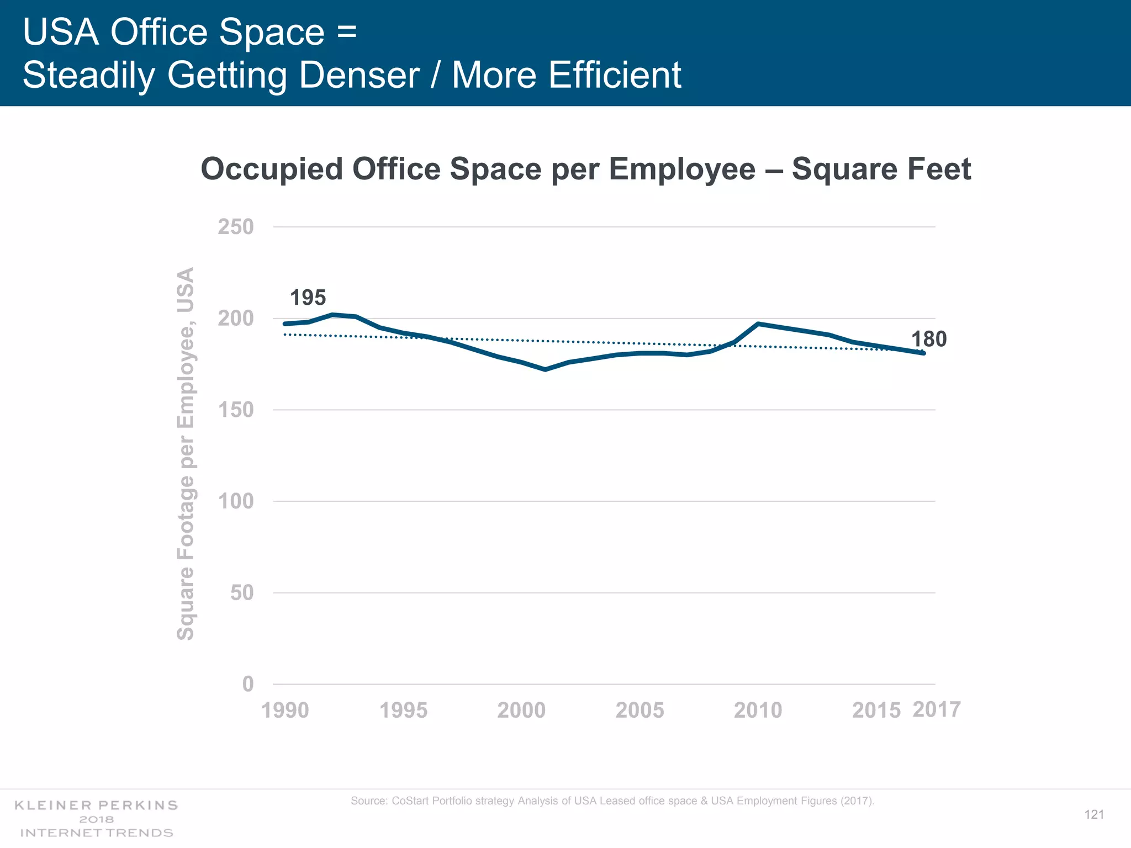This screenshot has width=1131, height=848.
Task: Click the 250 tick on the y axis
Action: [236, 227]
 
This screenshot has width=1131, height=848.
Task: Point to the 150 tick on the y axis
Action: [236, 410]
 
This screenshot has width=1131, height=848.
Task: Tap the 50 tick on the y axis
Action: [242, 593]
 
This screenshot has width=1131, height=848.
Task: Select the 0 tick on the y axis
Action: [248, 685]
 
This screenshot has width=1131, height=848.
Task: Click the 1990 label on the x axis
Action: [285, 711]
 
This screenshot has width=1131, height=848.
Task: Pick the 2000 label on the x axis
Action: [521, 711]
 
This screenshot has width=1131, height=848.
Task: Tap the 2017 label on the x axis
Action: [937, 709]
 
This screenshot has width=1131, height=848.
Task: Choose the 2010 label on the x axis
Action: [758, 711]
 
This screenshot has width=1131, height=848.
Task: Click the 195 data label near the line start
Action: [308, 298]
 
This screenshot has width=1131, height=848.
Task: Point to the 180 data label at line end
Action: [929, 339]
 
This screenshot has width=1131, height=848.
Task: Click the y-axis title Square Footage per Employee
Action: [186, 454]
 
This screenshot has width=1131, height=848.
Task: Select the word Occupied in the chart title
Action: [272, 169]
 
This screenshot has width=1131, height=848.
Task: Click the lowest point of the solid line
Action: [545, 369]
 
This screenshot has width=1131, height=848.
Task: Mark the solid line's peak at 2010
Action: [758, 324]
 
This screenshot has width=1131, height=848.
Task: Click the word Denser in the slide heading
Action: [359, 75]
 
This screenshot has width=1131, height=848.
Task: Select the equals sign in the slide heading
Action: [347, 32]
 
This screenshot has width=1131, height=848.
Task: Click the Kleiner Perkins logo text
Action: [96, 805]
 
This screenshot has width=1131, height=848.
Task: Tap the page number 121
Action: [1094, 815]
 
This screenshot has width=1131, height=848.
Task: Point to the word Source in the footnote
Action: [368, 801]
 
